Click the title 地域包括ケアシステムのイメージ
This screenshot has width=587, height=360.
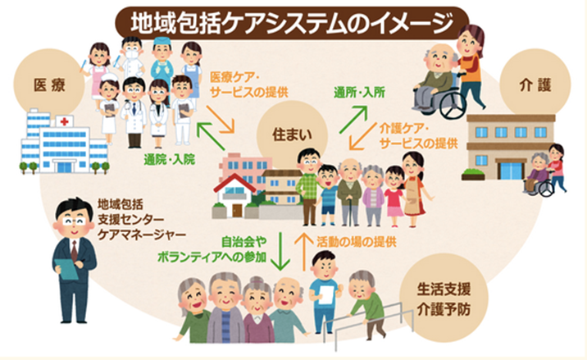point(293,18)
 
